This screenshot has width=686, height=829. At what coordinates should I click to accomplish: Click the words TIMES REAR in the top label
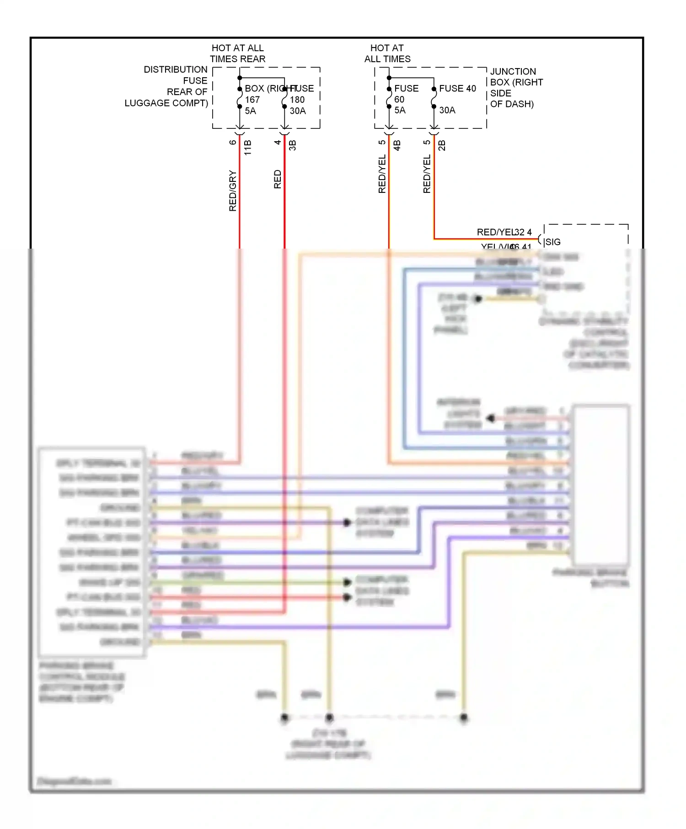(237, 59)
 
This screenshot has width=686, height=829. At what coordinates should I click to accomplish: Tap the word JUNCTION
(513, 71)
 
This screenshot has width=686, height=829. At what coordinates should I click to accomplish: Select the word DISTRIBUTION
(175, 69)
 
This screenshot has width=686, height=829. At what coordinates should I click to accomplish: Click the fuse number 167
(252, 100)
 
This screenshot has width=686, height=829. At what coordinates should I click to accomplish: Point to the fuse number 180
(297, 100)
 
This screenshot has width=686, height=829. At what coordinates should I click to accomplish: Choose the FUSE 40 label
(457, 88)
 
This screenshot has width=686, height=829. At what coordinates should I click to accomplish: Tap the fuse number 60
(399, 99)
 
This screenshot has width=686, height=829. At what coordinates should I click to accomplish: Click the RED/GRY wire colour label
(233, 191)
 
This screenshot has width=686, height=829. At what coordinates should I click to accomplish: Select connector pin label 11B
(248, 148)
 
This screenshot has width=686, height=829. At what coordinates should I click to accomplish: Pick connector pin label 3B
(293, 146)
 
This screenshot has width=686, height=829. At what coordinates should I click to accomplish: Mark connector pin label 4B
(397, 146)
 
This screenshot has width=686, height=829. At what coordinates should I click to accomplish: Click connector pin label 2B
(442, 146)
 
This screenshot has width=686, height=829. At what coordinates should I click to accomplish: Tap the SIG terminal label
(552, 242)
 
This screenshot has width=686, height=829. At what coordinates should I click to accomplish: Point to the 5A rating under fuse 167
(250, 111)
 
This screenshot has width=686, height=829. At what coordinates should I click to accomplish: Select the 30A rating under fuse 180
(298, 111)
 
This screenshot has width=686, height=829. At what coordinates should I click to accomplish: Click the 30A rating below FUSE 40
(447, 110)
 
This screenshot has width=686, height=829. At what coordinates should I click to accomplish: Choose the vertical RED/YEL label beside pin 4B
(382, 174)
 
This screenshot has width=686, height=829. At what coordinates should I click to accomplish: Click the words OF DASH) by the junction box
(512, 104)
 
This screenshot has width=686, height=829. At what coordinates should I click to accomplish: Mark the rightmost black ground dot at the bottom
(464, 717)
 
